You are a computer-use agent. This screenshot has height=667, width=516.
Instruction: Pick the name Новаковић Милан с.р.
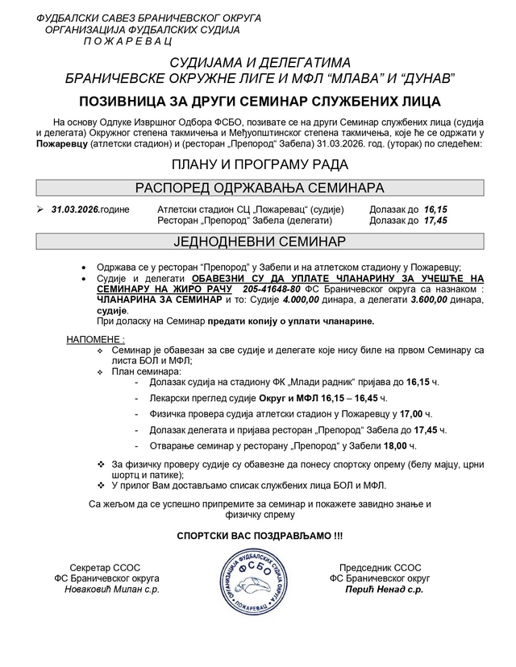pyautogui.click(x=112, y=590)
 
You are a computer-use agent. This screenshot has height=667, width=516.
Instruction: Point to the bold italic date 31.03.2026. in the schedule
pyautogui.click(x=75, y=209)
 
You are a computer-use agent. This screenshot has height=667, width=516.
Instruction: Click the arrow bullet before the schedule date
pyautogui.click(x=40, y=209)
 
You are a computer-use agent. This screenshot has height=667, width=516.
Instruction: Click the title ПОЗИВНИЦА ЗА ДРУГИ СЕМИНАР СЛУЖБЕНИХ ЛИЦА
pyautogui.click(x=258, y=101)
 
